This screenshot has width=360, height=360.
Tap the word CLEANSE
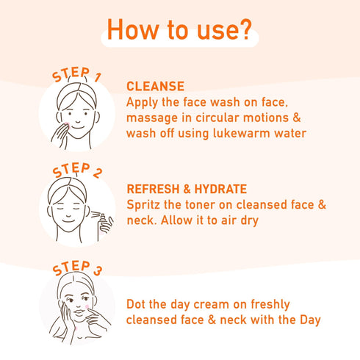click(155, 86)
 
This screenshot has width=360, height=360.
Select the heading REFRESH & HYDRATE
click(187, 189)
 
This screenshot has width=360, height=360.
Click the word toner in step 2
click(201, 205)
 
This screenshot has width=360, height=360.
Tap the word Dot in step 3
click(136, 304)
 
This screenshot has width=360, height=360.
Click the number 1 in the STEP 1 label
click(98, 77)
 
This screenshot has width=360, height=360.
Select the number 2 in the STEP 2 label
click(98, 173)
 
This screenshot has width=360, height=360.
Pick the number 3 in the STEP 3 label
click(98, 270)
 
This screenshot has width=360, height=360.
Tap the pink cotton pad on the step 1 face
click(67, 125)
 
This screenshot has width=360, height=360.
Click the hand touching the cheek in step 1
click(60, 135)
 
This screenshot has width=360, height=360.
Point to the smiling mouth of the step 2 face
click(68, 221)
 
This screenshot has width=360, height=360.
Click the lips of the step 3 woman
click(79, 312)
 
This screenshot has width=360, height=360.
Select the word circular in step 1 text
click(217, 118)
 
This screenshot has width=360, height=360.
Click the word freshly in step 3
click(270, 305)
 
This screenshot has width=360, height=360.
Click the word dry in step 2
click(250, 220)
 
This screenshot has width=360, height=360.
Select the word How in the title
click(133, 29)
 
